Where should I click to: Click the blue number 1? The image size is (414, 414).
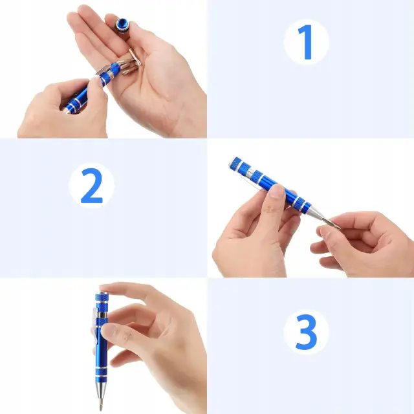pos(306,42)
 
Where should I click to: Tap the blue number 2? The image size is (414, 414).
pos(92,186)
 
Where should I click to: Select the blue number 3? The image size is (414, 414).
pos(306,332)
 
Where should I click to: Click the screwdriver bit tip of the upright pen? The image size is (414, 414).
pos(100,405)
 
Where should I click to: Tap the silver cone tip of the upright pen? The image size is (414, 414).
pos(101,391)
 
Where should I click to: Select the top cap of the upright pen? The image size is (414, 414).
pos(102,296)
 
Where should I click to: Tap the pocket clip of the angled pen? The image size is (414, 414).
pos(254,182)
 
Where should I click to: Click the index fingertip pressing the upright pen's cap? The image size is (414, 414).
pos(104,288)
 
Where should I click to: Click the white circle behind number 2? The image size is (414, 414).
pos(92,186)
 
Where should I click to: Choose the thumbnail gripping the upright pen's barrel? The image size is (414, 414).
pos(107,330)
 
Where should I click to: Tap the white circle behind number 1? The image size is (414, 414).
pos(306,42)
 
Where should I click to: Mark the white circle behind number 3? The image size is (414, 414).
pos(306,332)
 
